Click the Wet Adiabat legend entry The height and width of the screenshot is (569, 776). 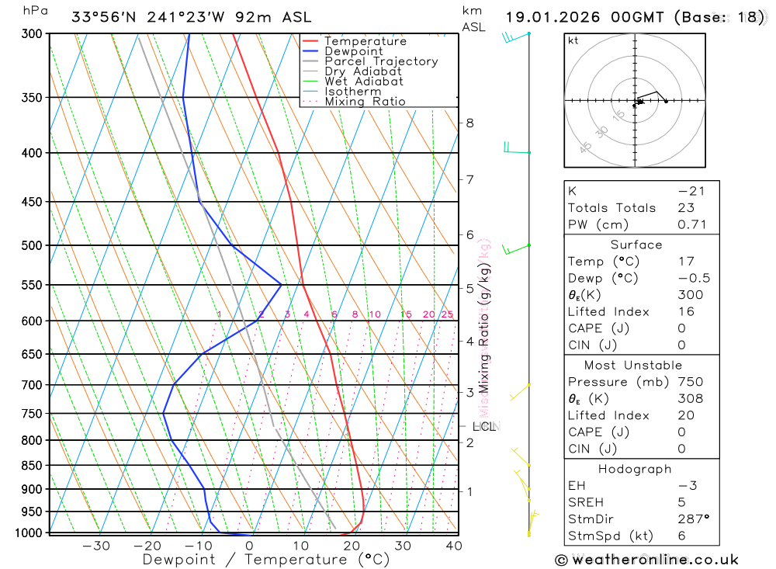(x=363, y=82)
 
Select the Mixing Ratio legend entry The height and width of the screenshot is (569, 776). (x=365, y=102)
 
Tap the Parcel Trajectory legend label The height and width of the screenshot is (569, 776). (x=381, y=61)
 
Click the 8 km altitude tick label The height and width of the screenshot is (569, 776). (x=469, y=123)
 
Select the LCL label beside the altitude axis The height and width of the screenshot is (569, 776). (x=483, y=426)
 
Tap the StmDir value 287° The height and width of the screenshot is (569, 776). (x=693, y=519)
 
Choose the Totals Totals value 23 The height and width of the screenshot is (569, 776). (x=686, y=208)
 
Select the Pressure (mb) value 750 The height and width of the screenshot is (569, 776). (x=690, y=382)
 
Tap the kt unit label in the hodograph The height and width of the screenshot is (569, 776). (x=573, y=41)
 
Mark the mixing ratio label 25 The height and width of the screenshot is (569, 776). (x=447, y=314)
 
